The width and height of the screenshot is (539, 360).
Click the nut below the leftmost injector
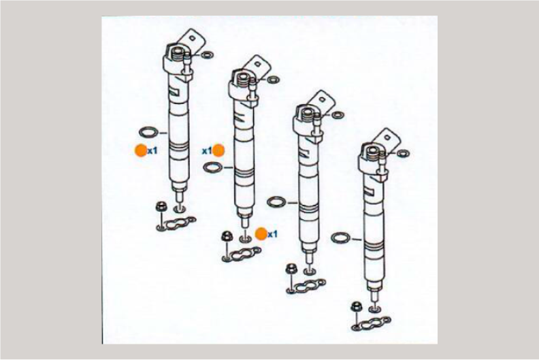click(160, 207)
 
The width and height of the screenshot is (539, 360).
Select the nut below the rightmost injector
click(355, 306)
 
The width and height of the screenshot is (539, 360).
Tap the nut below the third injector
click(291, 269)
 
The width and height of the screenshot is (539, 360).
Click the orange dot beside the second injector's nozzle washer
click(261, 234)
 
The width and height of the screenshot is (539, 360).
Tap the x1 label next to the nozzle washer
click(273, 235)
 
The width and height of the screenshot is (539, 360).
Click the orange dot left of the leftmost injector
click(141, 150)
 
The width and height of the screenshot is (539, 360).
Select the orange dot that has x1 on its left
click(218, 150)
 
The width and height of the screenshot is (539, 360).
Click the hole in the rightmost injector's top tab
click(387, 137)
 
